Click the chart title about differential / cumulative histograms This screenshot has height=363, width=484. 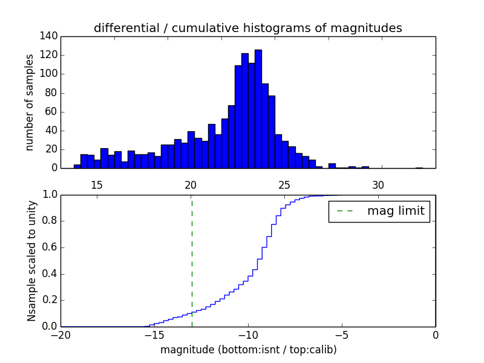point(247,28)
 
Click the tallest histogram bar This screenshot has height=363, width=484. point(258,109)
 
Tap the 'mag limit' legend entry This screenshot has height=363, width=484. point(379,211)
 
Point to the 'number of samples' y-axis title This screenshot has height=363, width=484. point(30,102)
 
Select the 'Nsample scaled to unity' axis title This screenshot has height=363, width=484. point(31,261)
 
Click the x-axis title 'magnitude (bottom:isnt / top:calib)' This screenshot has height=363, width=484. point(248,350)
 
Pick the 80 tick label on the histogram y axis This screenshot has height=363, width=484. point(53,93)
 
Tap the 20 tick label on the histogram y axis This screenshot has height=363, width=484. point(53,149)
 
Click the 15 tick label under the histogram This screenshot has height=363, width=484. point(97,185)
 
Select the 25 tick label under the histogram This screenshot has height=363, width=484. point(284,185)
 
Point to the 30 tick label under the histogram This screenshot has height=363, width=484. point(378,185)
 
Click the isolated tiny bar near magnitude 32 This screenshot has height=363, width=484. point(419,168)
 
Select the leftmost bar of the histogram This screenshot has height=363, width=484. point(77,166)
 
